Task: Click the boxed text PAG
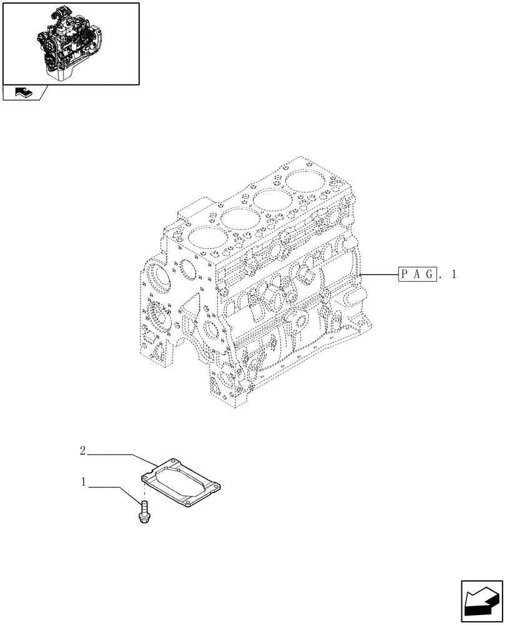click(x=416, y=274)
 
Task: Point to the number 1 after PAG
click(x=453, y=274)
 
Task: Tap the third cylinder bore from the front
click(x=270, y=199)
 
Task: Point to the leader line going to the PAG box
click(x=380, y=274)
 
